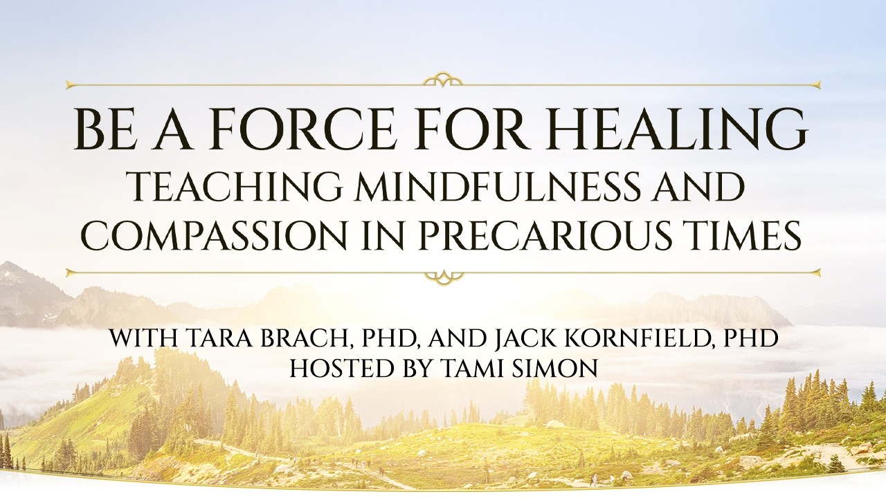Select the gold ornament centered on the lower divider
(443, 276)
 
